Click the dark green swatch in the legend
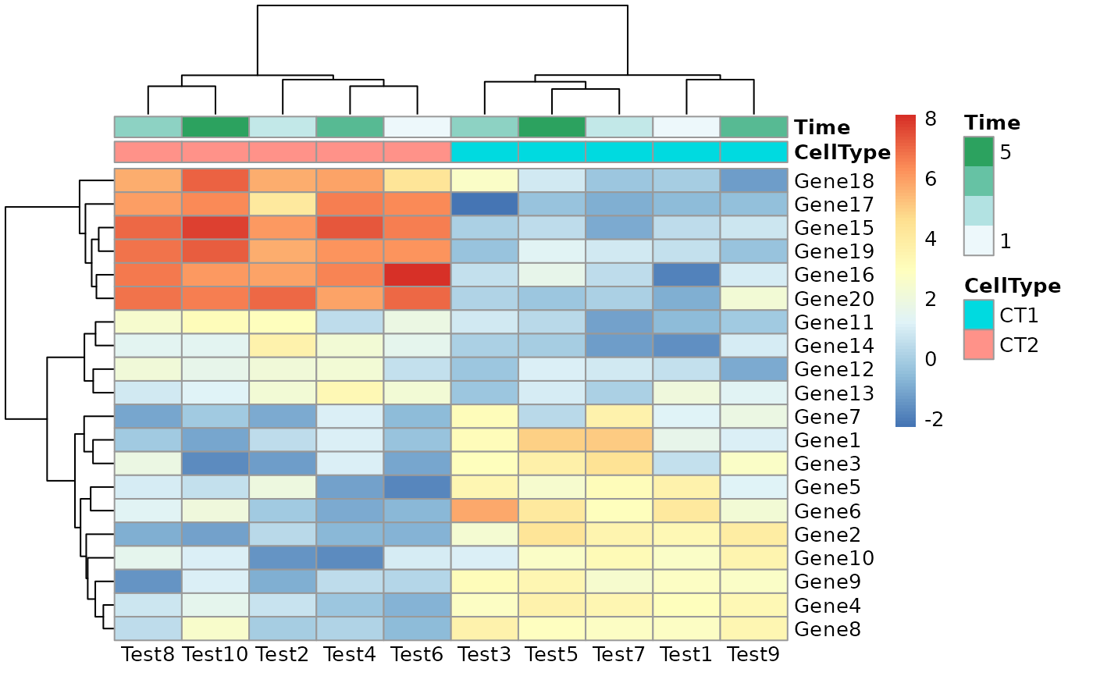978,151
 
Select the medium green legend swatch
978,181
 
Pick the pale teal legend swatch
978,211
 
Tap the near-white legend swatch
978,240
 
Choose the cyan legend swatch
978,315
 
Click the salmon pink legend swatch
978,344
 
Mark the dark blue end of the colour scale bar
906,422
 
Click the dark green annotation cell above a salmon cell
215,126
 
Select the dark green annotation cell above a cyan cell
552,126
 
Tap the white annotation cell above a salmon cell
417,126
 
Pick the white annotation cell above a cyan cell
686,126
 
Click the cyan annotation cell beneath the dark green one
552,151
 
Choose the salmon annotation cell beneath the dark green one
215,151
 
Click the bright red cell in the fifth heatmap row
417,275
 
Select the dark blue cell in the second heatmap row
485,204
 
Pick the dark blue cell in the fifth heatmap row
686,275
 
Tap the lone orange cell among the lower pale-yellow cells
485,511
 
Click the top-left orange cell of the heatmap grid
148,180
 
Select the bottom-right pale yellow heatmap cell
753,628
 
